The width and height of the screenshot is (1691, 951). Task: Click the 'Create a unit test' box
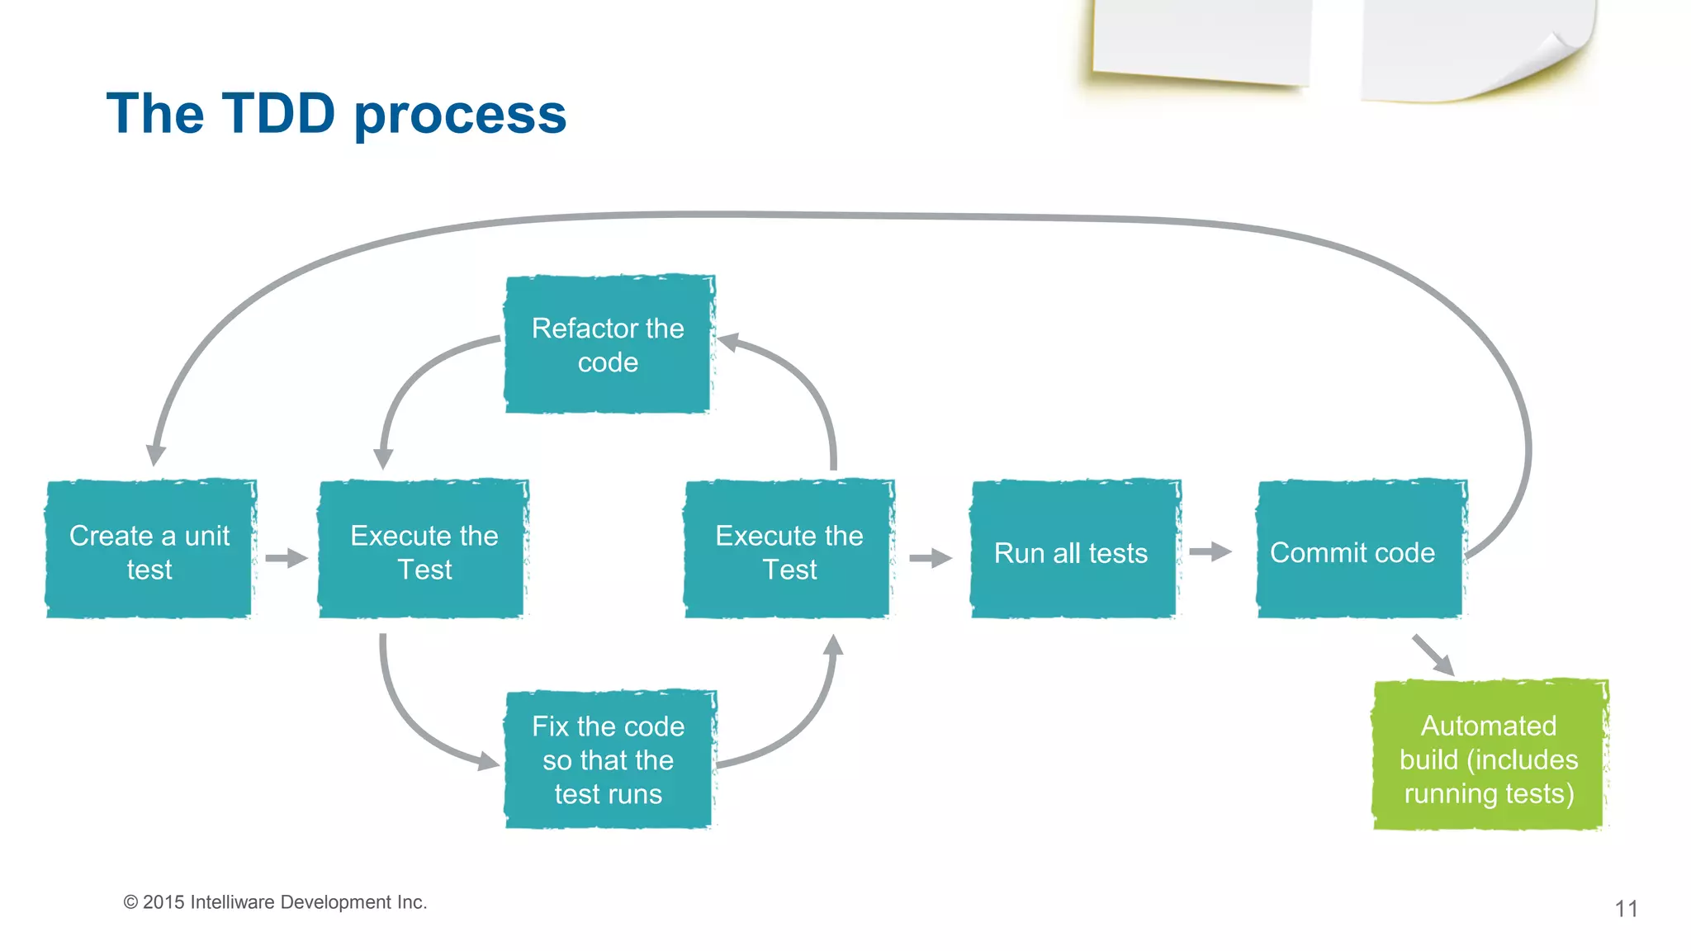[x=149, y=550]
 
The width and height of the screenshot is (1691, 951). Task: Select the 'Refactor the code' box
[x=609, y=344]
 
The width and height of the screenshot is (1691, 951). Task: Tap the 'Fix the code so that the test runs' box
[x=609, y=759]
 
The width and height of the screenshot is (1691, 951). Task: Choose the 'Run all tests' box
[x=1073, y=550]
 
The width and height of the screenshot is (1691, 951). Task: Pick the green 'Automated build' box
[x=1489, y=756]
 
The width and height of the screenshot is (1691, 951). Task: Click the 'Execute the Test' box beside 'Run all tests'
[x=789, y=550]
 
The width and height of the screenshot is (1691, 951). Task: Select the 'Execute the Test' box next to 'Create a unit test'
[x=424, y=550]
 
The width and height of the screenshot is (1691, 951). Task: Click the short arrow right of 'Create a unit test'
[x=286, y=558]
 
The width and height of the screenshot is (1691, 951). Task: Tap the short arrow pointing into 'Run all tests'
[x=930, y=558]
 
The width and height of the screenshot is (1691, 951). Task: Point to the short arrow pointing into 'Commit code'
[x=1210, y=551]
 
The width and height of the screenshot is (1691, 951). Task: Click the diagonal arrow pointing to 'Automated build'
[x=1433, y=655]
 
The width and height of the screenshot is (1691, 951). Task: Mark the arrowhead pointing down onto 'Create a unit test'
[x=155, y=455]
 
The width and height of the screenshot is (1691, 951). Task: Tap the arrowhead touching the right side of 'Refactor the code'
[x=727, y=341]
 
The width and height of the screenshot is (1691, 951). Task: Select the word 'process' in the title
[x=460, y=115]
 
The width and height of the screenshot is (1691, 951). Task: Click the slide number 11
[x=1626, y=909]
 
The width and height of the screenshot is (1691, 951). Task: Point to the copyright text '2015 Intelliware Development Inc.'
[x=284, y=902]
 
